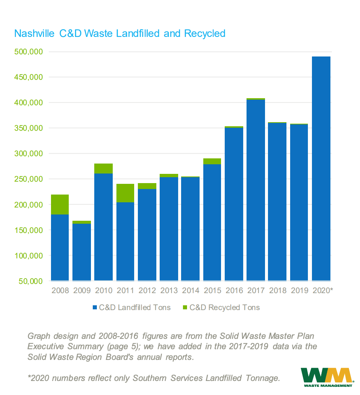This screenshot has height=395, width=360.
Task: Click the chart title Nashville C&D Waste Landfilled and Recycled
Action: pyautogui.click(x=119, y=34)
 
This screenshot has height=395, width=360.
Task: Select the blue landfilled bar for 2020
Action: pyautogui.click(x=321, y=168)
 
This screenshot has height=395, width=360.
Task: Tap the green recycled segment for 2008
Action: pyautogui.click(x=60, y=205)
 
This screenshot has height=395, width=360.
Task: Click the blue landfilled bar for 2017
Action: pyautogui.click(x=256, y=190)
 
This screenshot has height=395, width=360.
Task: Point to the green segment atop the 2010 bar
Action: pyautogui.click(x=103, y=168)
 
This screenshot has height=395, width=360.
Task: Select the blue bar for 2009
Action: pyautogui.click(x=82, y=252)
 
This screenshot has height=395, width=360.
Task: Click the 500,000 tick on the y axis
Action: pyautogui.click(x=28, y=52)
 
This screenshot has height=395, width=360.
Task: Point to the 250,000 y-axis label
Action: pyautogui.click(x=28, y=179)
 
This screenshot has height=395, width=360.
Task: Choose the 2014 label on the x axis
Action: pyautogui.click(x=191, y=291)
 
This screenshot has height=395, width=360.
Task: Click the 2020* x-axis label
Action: pyautogui.click(x=322, y=291)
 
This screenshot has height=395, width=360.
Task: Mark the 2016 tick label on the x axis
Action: pyautogui.click(x=234, y=291)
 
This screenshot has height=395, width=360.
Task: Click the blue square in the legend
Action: pyautogui.click(x=95, y=308)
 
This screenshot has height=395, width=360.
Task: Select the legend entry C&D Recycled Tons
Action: pyautogui.click(x=224, y=308)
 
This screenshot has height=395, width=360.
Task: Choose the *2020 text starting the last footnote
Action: pyautogui.click(x=38, y=378)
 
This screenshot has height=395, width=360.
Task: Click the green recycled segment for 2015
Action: pyautogui.click(x=212, y=161)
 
